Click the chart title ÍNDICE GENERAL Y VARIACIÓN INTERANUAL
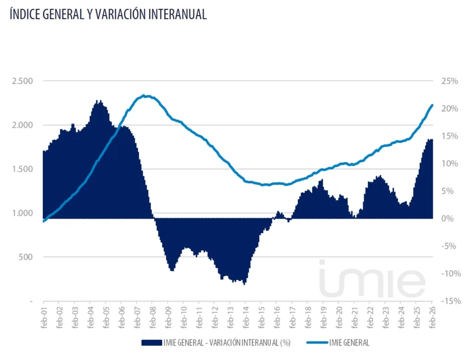click(x=108, y=14)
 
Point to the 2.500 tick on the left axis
click(x=22, y=81)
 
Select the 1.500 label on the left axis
click(x=22, y=169)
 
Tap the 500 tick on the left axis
click(x=25, y=257)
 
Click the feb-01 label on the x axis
click(x=44, y=315)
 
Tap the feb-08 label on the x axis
click(x=152, y=315)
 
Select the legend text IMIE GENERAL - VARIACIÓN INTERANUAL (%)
click(x=227, y=343)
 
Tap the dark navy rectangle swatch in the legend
click(x=151, y=343)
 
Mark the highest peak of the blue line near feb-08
click(x=144, y=96)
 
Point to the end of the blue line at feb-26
click(x=432, y=105)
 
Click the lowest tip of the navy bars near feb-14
click(x=244, y=284)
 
